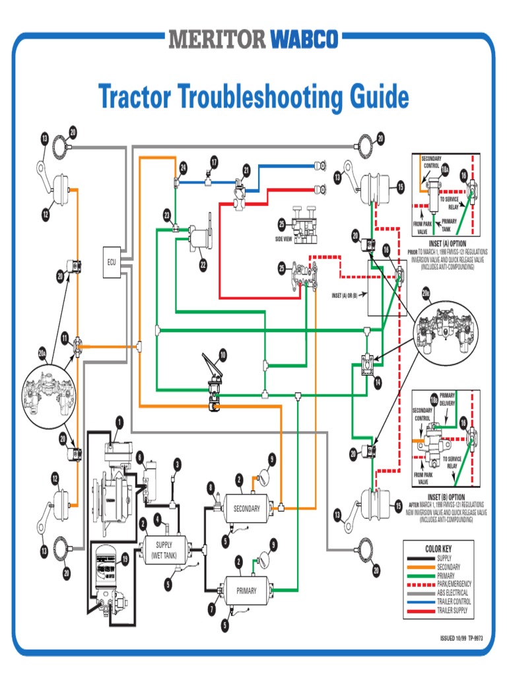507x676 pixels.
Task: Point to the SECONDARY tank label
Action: click(x=246, y=508)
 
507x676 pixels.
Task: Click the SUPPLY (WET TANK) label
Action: click(x=164, y=550)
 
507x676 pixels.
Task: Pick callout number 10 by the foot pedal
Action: click(x=222, y=355)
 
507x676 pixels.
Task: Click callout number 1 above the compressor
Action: click(x=119, y=421)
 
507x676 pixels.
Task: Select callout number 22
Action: click(x=203, y=265)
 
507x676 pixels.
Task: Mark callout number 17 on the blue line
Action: click(x=214, y=161)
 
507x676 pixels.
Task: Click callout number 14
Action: click(x=378, y=382)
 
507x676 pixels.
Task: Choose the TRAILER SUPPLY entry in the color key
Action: click(x=452, y=611)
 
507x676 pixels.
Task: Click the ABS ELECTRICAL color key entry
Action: click(x=452, y=593)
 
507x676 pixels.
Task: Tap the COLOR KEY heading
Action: click(x=438, y=549)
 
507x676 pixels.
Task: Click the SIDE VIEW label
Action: click(x=284, y=238)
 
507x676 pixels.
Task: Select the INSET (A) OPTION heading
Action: click(x=446, y=244)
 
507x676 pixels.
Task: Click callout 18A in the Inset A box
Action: click(x=445, y=170)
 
